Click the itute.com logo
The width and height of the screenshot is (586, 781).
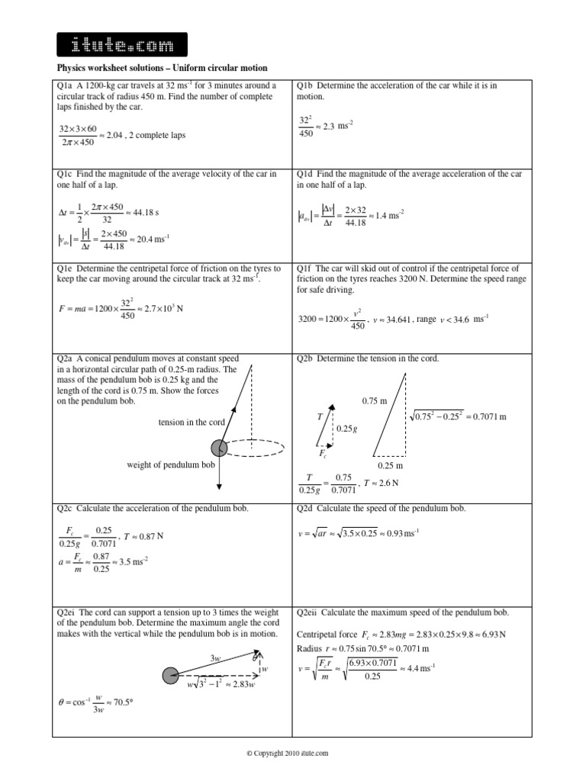121,46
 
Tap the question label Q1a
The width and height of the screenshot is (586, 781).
65,85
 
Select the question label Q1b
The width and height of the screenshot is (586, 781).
305,85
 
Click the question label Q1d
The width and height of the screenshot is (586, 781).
305,175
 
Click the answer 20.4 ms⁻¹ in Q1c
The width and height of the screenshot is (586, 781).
151,240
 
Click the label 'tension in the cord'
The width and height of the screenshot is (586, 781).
191,423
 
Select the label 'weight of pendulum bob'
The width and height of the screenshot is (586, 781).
171,464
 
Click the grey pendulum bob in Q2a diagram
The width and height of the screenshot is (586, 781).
220,447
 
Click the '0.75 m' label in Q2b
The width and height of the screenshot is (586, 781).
374,400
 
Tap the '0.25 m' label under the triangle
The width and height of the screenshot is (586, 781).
390,465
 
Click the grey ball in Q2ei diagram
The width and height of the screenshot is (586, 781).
171,674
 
